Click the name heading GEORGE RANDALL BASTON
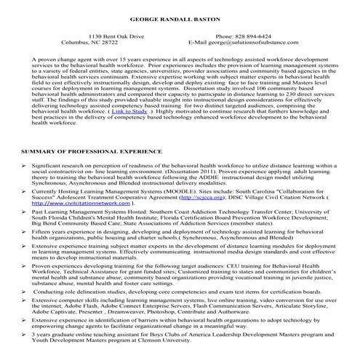(180, 16)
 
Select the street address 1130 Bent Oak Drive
(116, 36)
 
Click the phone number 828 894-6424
(252, 36)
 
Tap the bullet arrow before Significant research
(24, 167)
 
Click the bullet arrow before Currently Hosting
(24, 189)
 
